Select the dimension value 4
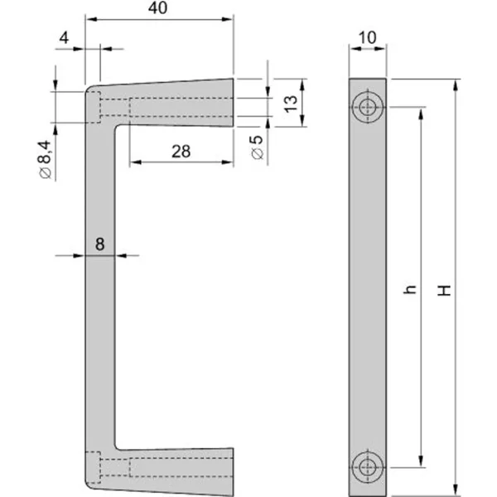coord(64,37)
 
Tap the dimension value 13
coord(289,103)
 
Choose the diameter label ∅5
coord(258,147)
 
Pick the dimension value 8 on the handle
coord(99,244)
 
